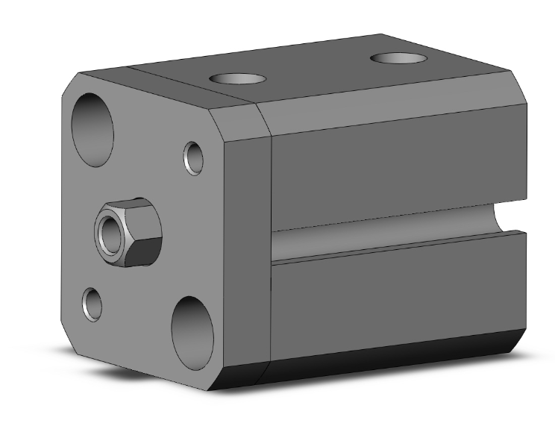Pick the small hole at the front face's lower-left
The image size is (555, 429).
93,304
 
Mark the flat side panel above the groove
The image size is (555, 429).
395,168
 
